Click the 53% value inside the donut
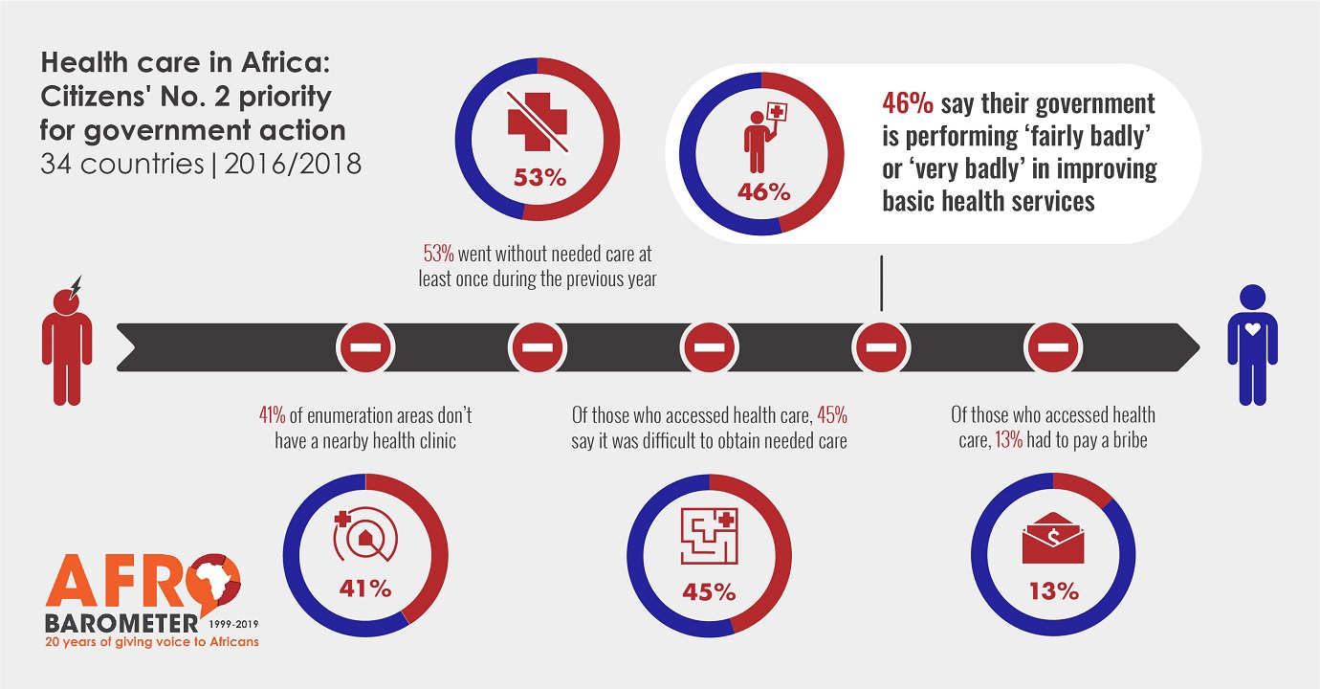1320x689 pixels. click(x=538, y=178)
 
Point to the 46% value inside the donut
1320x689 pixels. click(x=763, y=191)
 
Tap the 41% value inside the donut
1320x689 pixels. click(x=366, y=589)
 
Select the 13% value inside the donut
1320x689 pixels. click(x=1054, y=591)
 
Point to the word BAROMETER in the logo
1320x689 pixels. click(x=121, y=622)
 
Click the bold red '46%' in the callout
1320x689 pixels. click(x=908, y=103)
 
